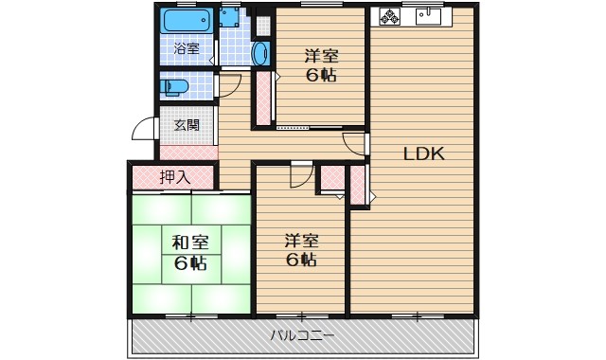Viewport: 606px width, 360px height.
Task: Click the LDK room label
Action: tap(424, 153)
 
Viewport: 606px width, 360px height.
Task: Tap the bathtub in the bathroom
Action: tap(185, 21)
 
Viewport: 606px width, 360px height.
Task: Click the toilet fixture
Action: tap(176, 87)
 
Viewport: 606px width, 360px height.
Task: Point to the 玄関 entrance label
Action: tap(187, 125)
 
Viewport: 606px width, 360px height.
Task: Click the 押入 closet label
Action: tap(174, 176)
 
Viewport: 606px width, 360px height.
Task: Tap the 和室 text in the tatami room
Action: tap(190, 241)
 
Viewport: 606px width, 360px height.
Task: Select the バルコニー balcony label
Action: tap(302, 334)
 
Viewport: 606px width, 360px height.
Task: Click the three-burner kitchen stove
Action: tap(390, 16)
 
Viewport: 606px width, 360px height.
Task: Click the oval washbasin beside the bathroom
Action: tap(262, 53)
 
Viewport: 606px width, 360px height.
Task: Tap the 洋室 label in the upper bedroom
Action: tap(320, 55)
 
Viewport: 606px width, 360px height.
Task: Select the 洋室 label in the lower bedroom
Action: tap(302, 240)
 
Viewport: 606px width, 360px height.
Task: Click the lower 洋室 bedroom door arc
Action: tap(301, 176)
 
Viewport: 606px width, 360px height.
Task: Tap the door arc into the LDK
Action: tap(354, 144)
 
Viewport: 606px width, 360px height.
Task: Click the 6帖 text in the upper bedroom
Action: tap(320, 76)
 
